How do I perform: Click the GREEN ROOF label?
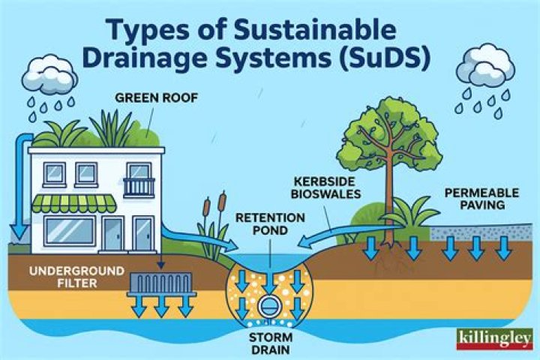pyautogui.click(x=157, y=97)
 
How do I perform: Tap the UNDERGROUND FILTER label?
pyautogui.click(x=76, y=277)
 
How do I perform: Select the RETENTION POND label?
pyautogui.click(x=270, y=224)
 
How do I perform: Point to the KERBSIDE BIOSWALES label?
pyautogui.click(x=325, y=187)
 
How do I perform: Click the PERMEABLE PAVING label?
pyautogui.click(x=481, y=199)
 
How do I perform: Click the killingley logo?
pyautogui.click(x=494, y=339)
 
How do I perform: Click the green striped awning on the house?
pyautogui.click(x=73, y=203)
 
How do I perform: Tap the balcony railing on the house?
pyautogui.click(x=139, y=187)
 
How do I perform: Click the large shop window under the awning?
pyautogui.click(x=70, y=231)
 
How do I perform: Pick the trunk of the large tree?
pyautogui.click(x=390, y=196)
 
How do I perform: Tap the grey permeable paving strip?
pyautogui.click(x=481, y=232)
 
